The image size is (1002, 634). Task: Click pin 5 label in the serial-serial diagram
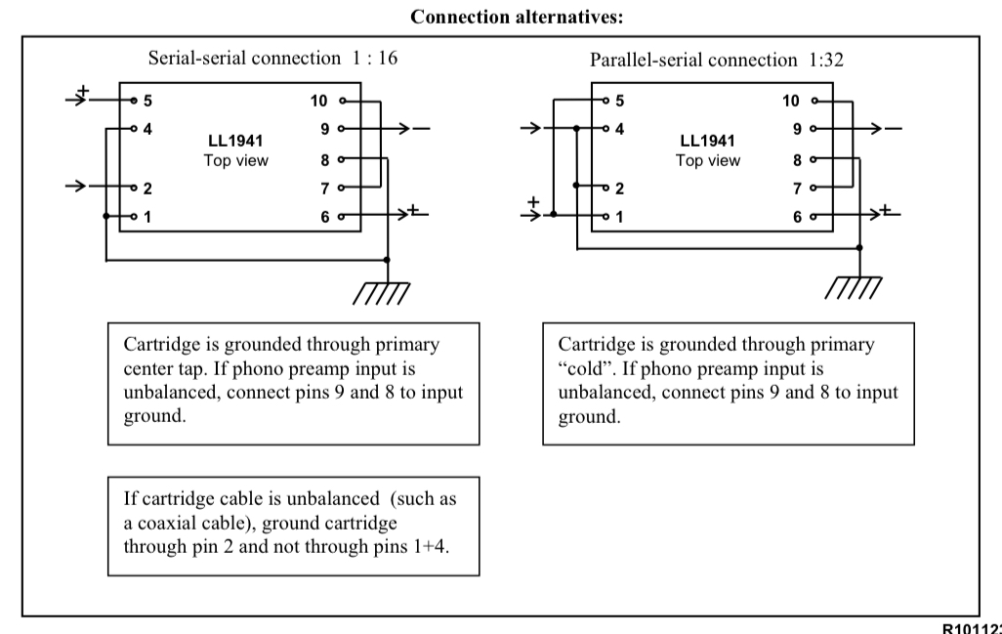pos(147,100)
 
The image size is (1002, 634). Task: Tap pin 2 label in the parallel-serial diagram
pos(619,188)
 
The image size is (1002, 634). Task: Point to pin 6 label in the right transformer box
pos(798,217)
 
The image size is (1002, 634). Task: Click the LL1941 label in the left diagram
pos(234,142)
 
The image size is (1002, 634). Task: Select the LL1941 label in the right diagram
pos(707,142)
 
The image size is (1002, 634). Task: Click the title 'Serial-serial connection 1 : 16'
pos(272,58)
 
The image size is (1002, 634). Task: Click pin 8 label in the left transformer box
pos(325,158)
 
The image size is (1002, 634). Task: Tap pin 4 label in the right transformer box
pos(619,128)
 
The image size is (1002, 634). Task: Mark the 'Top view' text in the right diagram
pos(707,160)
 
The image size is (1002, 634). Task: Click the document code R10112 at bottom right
pos(971,627)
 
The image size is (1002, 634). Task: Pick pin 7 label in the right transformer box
pos(798,188)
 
